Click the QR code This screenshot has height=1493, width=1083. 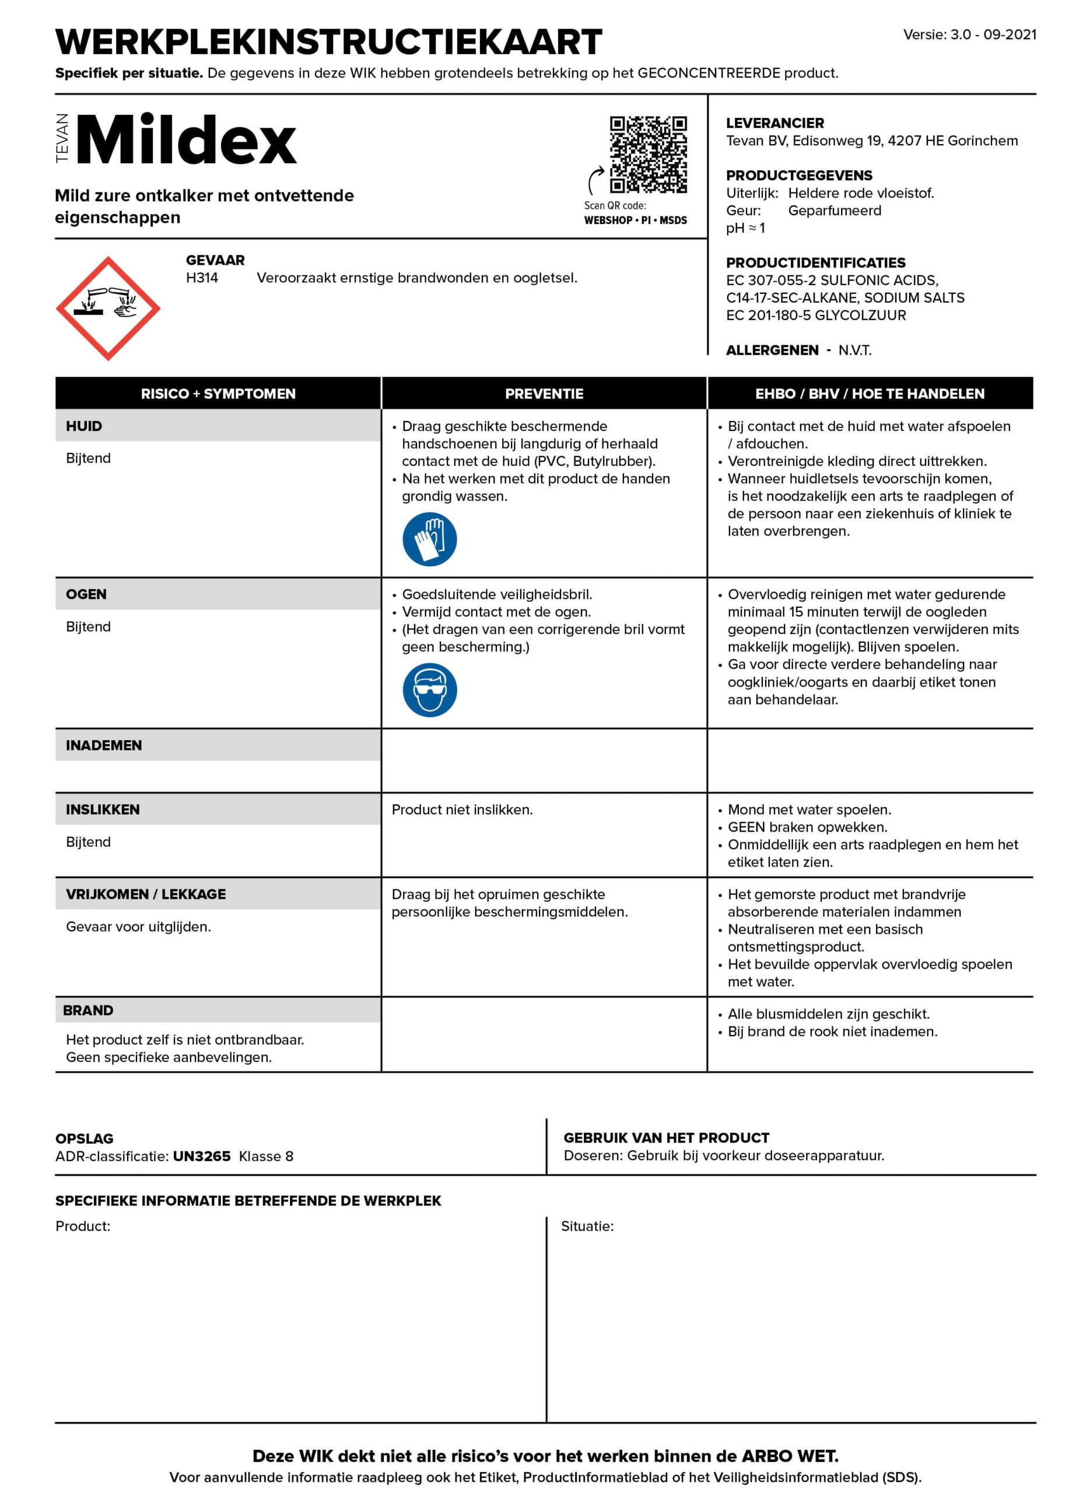648,155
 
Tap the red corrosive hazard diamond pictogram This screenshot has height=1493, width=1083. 108,308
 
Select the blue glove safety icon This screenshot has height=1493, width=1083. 429,539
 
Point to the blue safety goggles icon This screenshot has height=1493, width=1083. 429,690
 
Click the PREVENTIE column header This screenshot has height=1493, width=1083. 544,394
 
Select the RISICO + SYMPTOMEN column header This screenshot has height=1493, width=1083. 218,394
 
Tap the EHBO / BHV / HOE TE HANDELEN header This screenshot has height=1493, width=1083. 869,394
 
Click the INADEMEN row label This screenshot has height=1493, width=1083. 103,745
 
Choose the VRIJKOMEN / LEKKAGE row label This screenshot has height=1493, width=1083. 145,894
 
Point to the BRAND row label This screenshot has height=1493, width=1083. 88,1011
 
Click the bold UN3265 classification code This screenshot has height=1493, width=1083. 201,1156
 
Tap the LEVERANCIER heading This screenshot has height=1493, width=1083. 774,123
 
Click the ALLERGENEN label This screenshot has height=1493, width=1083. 772,350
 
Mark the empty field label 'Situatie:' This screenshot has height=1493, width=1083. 587,1226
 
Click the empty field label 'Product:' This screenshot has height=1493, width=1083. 82,1226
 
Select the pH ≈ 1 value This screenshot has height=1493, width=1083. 745,229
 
